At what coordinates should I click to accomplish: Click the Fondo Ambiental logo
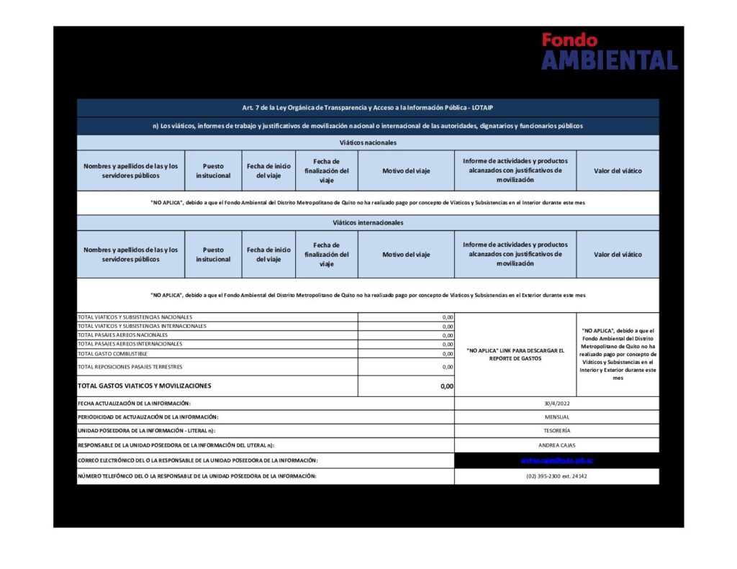(x=609, y=51)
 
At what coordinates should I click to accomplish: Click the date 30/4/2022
(x=556, y=404)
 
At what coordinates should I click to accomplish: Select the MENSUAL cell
(x=556, y=417)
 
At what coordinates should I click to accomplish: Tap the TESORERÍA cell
(x=556, y=431)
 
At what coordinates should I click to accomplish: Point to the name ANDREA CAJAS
(x=556, y=445)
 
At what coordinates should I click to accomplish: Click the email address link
(x=556, y=460)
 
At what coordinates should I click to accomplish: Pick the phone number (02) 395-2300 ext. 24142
(x=556, y=476)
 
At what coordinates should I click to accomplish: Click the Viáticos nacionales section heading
(x=368, y=142)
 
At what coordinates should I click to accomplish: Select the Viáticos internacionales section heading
(x=368, y=223)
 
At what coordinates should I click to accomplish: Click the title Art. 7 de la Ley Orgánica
(x=368, y=108)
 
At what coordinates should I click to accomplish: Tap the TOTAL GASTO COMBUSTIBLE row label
(x=112, y=354)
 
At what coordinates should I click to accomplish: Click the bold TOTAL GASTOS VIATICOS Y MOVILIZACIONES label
(x=144, y=386)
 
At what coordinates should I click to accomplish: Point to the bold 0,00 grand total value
(x=447, y=386)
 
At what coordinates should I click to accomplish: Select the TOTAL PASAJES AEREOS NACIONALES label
(x=122, y=335)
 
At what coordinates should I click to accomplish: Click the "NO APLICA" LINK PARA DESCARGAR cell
(x=515, y=354)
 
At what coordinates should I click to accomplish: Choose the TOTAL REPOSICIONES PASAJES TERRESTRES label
(x=130, y=367)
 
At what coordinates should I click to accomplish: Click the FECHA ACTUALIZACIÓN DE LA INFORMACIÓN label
(x=134, y=404)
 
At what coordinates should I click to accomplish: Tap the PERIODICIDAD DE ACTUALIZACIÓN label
(x=148, y=417)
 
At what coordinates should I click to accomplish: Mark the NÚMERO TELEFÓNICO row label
(x=196, y=476)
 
